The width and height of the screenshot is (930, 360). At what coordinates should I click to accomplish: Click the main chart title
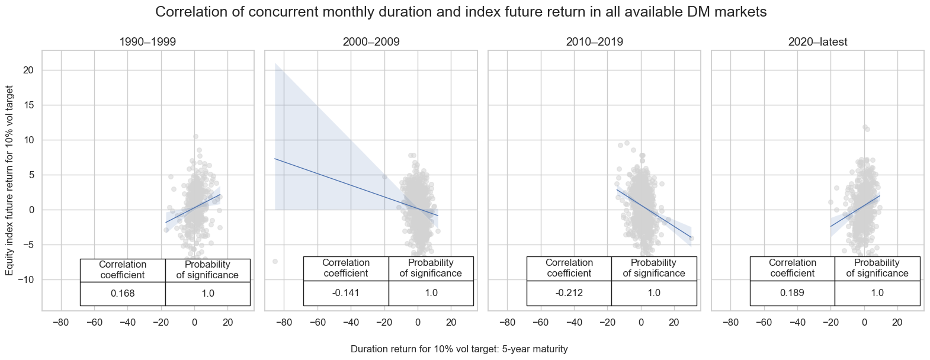(x=462, y=12)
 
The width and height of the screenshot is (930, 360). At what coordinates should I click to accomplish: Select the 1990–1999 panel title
(x=147, y=42)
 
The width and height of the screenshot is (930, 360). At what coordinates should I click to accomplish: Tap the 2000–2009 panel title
(x=371, y=42)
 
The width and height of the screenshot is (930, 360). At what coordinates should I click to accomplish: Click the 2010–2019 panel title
(x=594, y=42)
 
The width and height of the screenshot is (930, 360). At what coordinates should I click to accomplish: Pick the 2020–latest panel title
(x=817, y=42)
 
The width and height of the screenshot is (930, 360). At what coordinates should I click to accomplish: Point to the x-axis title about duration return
(x=459, y=349)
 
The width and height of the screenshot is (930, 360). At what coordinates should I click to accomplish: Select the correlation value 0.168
(x=123, y=293)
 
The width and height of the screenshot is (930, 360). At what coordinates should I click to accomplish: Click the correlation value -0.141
(x=346, y=293)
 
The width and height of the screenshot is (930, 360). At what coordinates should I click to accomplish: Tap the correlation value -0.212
(x=569, y=293)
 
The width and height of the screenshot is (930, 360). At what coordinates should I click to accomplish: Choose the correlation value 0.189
(x=793, y=293)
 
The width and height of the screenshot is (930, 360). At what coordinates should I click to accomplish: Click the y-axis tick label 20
(x=29, y=70)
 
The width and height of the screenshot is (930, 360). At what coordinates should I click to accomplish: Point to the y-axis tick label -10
(x=27, y=279)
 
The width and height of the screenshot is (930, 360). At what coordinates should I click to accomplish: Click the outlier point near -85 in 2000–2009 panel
(x=275, y=261)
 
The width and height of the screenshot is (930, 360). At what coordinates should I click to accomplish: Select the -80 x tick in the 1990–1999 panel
(x=61, y=322)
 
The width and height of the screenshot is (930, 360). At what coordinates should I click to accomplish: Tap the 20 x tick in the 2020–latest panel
(x=897, y=322)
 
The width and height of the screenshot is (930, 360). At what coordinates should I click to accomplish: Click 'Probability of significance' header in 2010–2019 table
(x=654, y=268)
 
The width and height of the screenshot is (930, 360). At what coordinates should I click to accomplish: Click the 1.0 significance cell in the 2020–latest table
(x=877, y=293)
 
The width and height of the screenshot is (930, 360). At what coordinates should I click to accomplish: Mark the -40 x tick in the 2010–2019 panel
(x=574, y=322)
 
